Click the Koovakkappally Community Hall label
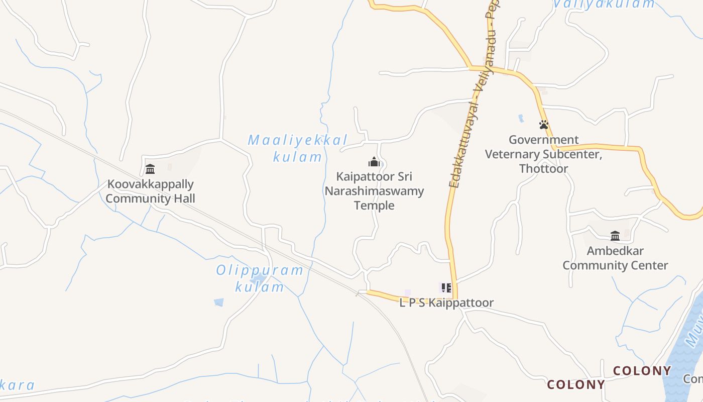click(x=150, y=191)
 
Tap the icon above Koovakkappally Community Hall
click(x=150, y=169)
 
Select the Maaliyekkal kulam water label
click(x=298, y=148)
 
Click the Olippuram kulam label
click(x=260, y=278)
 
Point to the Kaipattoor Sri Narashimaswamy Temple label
click(x=374, y=191)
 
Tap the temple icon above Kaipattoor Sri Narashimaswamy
click(x=374, y=162)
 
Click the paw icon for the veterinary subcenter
click(x=543, y=124)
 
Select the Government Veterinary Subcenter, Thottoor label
click(x=543, y=154)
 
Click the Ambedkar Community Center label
click(x=615, y=258)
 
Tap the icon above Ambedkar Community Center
click(x=615, y=236)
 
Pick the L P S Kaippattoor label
click(x=446, y=303)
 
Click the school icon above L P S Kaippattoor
click(x=446, y=288)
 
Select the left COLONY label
click(x=576, y=384)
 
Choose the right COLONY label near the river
click(x=642, y=371)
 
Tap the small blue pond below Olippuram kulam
click(x=218, y=302)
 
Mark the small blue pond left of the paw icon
click(x=521, y=119)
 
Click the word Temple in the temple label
click(x=374, y=206)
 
